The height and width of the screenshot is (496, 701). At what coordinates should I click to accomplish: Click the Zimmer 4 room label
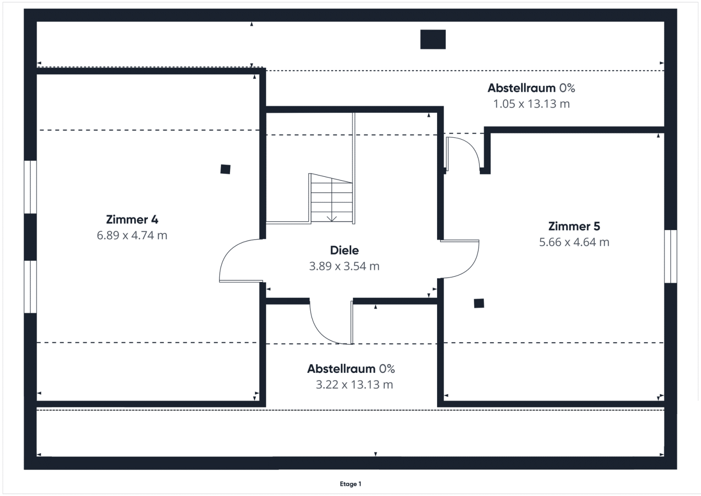click(132, 220)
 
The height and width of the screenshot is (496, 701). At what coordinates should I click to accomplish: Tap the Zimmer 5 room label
click(574, 226)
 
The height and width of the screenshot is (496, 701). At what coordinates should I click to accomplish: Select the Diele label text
click(344, 250)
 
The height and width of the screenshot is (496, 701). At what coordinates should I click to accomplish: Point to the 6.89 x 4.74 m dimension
click(132, 236)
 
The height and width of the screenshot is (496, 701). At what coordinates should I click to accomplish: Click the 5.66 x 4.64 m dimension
click(574, 242)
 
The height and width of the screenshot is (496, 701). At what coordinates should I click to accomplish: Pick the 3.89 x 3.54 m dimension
click(344, 266)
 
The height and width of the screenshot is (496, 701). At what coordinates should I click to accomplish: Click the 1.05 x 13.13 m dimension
click(532, 104)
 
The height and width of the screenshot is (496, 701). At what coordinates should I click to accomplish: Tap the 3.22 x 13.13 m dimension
click(354, 384)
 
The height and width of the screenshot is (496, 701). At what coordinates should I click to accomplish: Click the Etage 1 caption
click(351, 484)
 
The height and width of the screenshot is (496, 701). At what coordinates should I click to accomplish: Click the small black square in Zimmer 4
click(225, 169)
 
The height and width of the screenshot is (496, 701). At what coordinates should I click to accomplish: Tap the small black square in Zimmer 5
click(479, 303)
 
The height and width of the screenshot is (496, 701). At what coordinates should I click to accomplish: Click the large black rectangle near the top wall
click(433, 39)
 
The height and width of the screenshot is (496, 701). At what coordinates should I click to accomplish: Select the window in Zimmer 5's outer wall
click(671, 256)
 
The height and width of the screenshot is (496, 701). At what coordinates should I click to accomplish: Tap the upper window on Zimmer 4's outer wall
click(30, 187)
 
